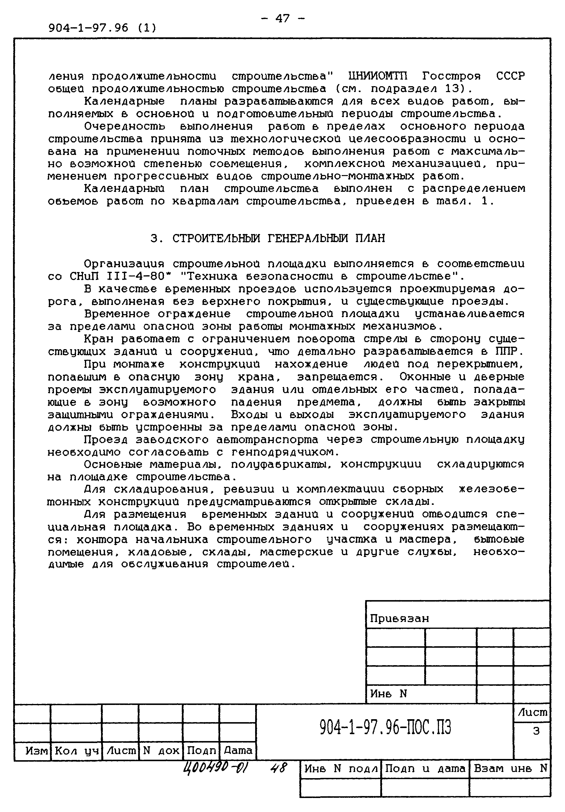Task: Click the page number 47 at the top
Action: click(x=282, y=18)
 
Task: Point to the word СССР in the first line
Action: click(x=510, y=76)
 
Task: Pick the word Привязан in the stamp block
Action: click(x=399, y=619)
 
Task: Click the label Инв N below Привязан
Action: click(x=388, y=694)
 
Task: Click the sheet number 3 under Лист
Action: click(x=536, y=731)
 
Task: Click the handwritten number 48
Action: click(x=278, y=768)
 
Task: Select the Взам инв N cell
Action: click(x=510, y=769)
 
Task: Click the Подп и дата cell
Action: click(x=425, y=769)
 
